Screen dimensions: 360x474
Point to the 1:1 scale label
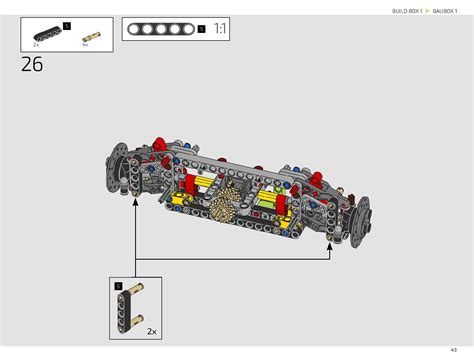coord(221,30)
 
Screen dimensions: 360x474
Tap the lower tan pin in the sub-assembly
coord(134,319)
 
